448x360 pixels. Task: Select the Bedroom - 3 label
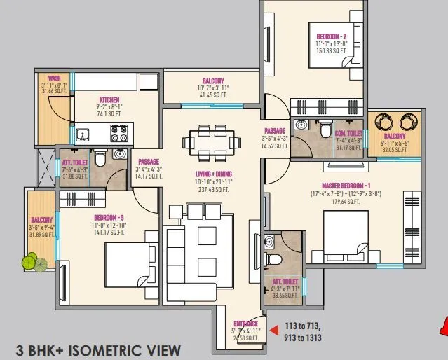pyautogui.click(x=108, y=217)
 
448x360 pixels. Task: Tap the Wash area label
pyautogui.click(x=53, y=78)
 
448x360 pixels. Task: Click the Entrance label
pyautogui.click(x=245, y=324)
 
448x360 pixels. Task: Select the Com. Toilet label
pyautogui.click(x=348, y=132)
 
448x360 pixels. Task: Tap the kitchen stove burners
pyautogui.click(x=120, y=130)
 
